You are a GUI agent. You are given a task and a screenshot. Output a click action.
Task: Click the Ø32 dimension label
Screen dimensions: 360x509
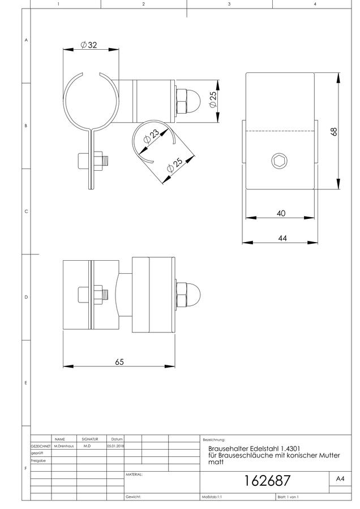89,45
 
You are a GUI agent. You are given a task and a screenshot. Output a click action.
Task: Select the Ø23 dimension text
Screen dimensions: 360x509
151,137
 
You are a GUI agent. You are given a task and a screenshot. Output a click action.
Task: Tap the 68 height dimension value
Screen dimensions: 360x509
334,131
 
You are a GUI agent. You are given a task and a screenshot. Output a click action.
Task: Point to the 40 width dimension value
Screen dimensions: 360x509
281,213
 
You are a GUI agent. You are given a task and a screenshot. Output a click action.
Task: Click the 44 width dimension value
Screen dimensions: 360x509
282,238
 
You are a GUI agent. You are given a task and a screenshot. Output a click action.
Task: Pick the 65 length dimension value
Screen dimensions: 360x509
119,361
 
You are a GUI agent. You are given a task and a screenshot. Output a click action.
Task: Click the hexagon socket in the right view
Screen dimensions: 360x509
278,161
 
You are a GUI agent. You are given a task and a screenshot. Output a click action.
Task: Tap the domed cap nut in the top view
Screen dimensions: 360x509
188,102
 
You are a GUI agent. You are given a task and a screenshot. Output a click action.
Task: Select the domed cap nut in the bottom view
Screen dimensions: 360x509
188,295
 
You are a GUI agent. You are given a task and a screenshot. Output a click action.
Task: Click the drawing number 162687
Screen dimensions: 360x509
267,481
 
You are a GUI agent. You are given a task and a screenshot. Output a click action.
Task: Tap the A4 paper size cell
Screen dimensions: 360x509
340,478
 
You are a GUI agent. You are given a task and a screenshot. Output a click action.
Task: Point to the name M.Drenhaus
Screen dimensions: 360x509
64,446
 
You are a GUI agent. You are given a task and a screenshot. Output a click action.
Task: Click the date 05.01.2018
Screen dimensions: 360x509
115,446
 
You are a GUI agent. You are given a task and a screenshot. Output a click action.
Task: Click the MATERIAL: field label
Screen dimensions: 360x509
134,475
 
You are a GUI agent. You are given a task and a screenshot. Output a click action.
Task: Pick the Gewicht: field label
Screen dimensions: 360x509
133,497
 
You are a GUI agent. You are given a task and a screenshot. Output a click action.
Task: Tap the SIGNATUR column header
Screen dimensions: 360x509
90,439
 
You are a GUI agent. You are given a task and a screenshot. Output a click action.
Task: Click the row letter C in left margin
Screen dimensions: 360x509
26,212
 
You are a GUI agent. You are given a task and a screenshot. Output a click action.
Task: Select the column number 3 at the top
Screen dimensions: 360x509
229,4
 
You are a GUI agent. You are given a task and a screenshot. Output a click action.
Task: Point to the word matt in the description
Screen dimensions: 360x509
216,462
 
